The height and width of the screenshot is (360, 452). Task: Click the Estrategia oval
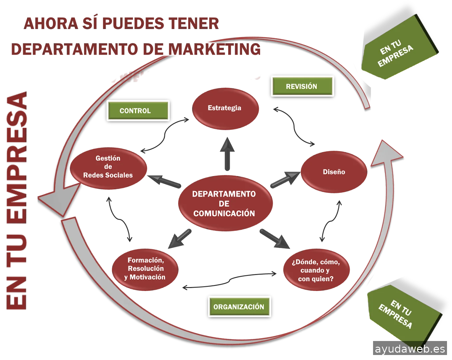[x=225, y=108]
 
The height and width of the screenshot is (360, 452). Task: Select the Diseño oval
[x=334, y=172]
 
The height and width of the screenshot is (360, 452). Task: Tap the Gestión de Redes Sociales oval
[x=108, y=168]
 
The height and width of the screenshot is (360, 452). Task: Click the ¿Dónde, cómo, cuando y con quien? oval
[x=316, y=270]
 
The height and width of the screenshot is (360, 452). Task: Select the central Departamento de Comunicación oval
[x=225, y=204]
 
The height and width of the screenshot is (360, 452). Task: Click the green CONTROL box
[x=138, y=110]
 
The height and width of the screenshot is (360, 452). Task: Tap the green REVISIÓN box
[x=302, y=86]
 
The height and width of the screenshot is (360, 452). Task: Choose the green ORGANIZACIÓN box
[x=239, y=307]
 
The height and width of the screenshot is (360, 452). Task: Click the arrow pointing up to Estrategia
[x=227, y=155]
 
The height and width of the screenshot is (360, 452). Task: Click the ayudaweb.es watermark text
[x=410, y=349]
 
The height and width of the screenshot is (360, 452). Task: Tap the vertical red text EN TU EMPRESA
[x=17, y=202]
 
